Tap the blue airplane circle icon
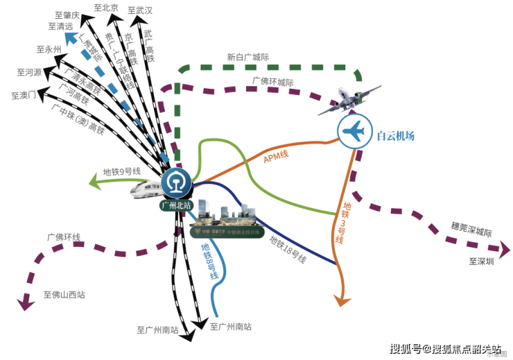click(x=354, y=131)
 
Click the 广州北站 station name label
click(x=176, y=205)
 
